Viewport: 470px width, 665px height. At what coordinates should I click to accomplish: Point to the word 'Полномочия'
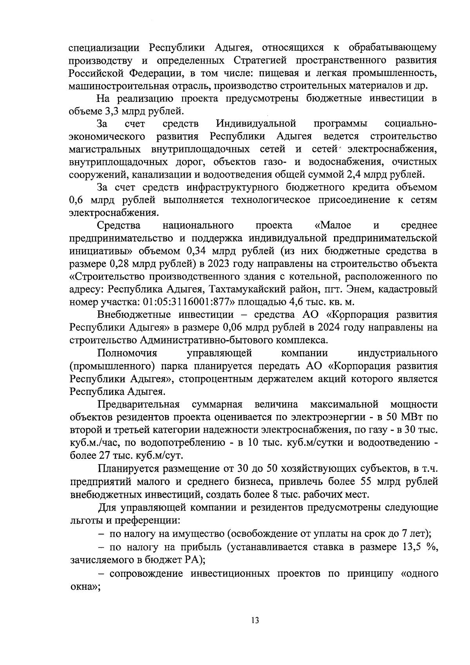tap(127, 353)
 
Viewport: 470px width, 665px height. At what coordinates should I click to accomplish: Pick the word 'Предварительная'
tap(139, 404)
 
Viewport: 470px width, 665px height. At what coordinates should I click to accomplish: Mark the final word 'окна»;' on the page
tap(85, 586)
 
